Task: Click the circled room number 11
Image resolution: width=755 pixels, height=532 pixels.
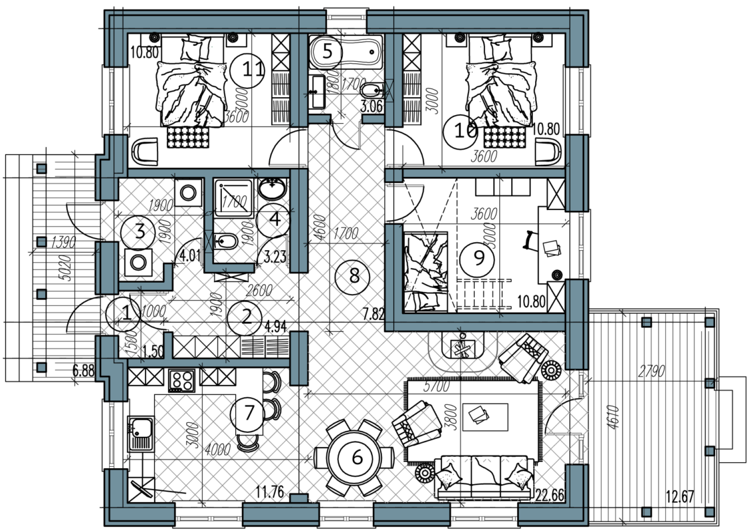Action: click(247, 70)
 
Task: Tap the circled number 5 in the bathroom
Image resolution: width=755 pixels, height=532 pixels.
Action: click(327, 52)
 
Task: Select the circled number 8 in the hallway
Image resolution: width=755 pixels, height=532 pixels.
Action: click(354, 276)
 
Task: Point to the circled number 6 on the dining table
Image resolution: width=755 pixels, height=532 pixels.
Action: click(357, 458)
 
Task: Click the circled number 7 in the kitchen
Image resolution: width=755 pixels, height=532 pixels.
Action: click(249, 413)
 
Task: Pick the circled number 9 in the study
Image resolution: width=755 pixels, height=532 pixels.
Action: click(479, 258)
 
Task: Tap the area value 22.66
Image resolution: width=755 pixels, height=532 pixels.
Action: click(550, 495)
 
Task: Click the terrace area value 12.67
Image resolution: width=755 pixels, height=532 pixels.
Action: click(680, 496)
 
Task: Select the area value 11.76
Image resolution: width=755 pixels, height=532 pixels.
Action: click(270, 493)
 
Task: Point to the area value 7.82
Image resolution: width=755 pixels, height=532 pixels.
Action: click(374, 315)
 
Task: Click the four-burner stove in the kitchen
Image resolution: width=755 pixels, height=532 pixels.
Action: click(181, 380)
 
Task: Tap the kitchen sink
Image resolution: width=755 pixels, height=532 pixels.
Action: click(141, 434)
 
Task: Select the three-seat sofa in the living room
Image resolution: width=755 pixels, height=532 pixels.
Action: click(485, 477)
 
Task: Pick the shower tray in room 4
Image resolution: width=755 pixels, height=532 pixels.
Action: click(233, 198)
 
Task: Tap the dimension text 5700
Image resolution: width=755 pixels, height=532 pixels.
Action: click(436, 386)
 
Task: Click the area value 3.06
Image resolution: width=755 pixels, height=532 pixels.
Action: click(372, 106)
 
